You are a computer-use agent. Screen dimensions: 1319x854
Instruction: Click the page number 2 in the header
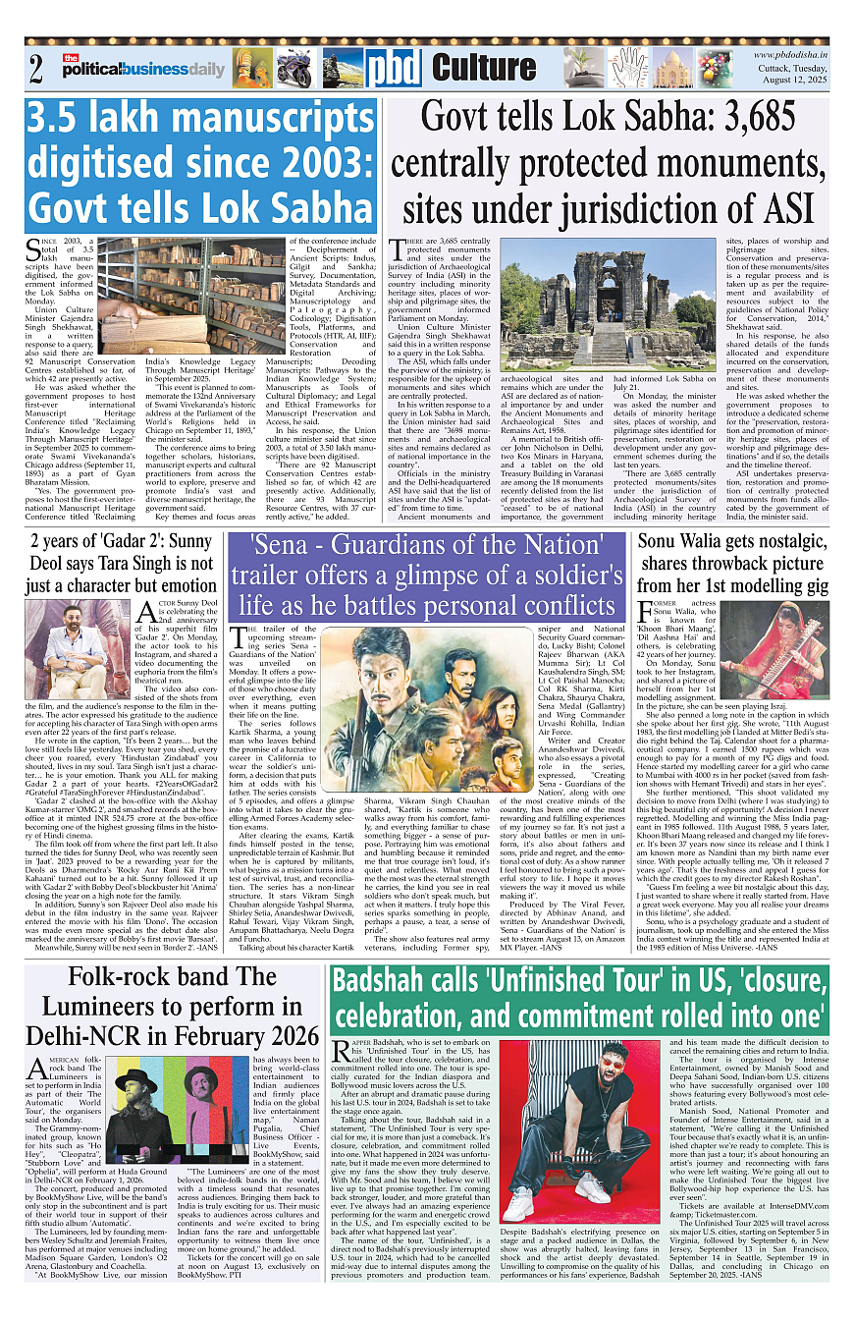(37, 69)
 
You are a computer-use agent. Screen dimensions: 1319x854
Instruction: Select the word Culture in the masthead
(484, 68)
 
